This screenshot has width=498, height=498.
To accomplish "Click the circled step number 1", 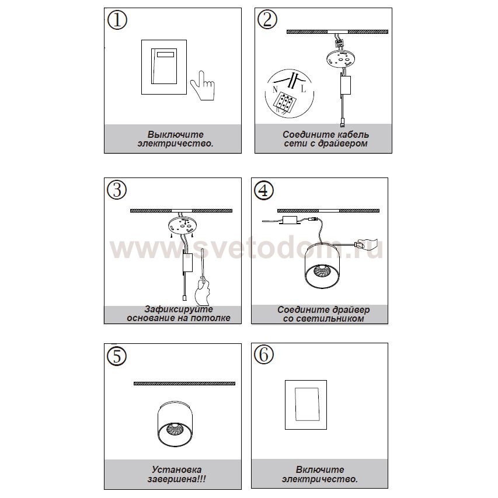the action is [117, 20].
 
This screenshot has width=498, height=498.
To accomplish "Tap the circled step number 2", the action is [267, 20].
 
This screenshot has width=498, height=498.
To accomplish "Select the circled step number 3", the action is [117, 190].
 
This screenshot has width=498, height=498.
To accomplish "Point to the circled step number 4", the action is [264, 190].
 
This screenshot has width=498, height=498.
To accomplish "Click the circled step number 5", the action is [117, 356].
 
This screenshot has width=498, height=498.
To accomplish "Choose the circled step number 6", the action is [264, 355].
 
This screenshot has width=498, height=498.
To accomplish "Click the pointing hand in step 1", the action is [203, 86].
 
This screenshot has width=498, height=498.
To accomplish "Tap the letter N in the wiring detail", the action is [275, 89].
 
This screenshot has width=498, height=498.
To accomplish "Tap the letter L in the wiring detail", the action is [304, 89].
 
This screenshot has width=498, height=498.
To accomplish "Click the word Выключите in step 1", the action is [175, 134].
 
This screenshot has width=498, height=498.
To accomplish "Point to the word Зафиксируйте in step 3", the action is [179, 309].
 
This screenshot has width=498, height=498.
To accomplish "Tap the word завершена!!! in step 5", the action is [176, 479].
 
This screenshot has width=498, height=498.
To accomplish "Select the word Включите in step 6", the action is [320, 469].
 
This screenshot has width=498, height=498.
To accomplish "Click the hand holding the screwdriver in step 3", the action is [201, 291].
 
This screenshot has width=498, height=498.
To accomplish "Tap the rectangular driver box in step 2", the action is [346, 85].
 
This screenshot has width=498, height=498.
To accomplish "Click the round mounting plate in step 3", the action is [183, 225].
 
